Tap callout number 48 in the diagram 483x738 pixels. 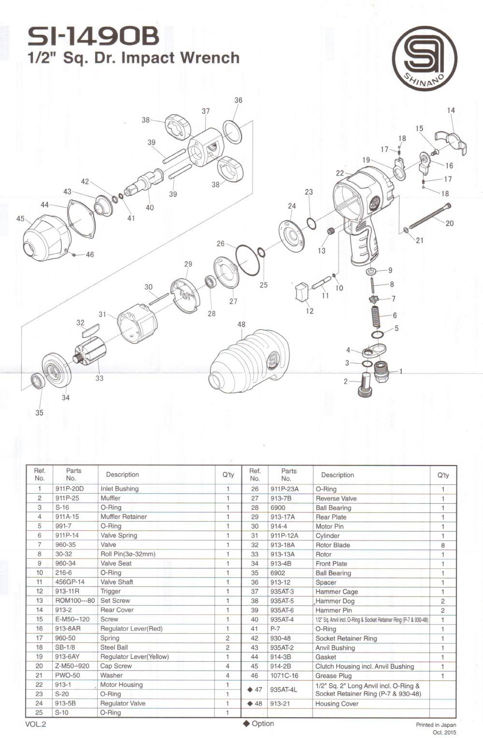[241, 325]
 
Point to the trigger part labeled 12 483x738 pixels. [303, 292]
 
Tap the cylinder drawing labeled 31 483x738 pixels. [137, 323]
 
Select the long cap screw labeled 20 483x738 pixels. [430, 216]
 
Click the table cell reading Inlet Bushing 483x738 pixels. [119, 489]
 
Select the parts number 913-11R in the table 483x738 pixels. [67, 591]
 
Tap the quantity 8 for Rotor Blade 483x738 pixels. [443, 545]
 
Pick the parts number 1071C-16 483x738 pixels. [284, 676]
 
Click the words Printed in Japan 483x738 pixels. [436, 724]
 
